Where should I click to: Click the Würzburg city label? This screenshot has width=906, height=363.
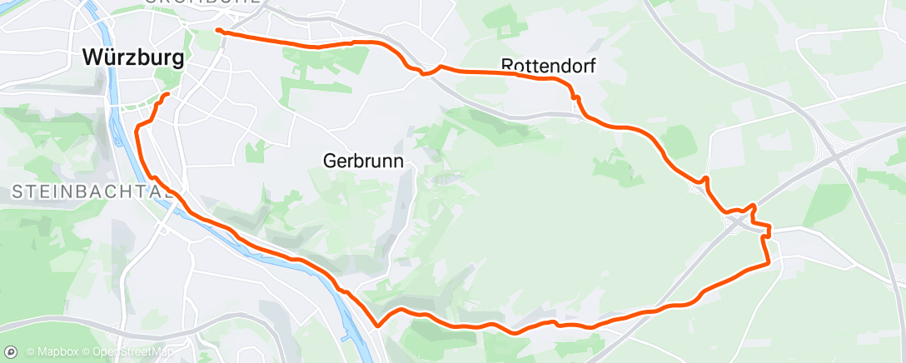click(x=133, y=57)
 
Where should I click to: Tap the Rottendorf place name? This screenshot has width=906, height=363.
click(x=549, y=65)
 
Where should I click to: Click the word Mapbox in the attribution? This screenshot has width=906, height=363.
click(x=56, y=351)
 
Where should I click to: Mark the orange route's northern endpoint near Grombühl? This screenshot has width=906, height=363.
click(x=218, y=31)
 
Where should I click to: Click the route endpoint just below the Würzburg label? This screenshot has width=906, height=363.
click(x=169, y=95)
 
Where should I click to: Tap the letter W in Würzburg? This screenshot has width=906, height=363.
click(x=92, y=57)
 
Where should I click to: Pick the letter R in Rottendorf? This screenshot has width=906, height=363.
click(x=507, y=65)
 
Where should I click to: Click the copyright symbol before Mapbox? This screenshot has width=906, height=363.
click(x=30, y=351)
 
